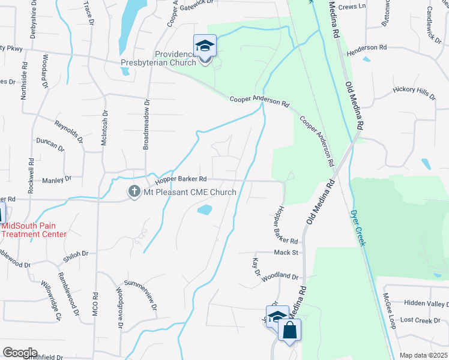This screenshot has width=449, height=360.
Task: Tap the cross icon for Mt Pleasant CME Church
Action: coord(133,192)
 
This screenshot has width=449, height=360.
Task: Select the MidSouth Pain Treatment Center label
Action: coord(33,230)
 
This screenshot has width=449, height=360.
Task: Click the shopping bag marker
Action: coord(289,331)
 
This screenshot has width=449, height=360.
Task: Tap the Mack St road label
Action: coord(286,253)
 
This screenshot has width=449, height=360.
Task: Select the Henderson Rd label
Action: coord(366,47)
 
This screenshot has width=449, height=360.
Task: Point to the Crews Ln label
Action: coord(352,6)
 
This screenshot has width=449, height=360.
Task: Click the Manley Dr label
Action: coord(56,179)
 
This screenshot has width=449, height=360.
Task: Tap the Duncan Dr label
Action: coord(50,144)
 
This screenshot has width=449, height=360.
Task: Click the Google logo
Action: coord(19,353)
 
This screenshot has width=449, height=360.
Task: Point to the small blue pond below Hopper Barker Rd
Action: coord(205,210)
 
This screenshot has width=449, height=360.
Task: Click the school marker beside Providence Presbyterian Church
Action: coord(204,47)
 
